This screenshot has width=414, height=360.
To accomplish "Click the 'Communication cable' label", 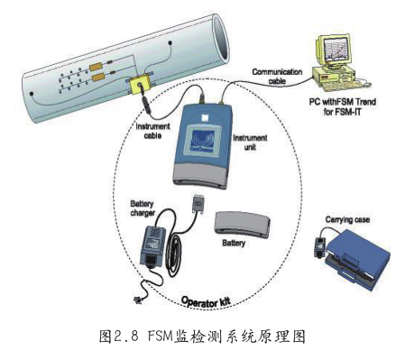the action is click(277, 77).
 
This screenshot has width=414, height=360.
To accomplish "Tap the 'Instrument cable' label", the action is click(152, 131).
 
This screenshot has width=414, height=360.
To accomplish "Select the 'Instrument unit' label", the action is click(250, 143).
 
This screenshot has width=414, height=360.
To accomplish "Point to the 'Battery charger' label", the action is click(143, 208).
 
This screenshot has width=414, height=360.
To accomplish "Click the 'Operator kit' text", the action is click(206, 301).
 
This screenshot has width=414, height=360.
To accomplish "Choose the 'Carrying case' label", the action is click(347, 220).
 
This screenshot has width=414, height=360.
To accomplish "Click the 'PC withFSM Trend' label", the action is click(343, 102).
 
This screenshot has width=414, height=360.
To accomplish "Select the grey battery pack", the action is click(242, 224).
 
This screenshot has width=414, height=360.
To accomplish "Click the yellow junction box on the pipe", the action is click(141, 84).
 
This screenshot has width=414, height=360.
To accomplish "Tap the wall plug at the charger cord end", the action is click(139, 300).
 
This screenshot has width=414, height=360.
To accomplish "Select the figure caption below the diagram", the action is click(202, 337).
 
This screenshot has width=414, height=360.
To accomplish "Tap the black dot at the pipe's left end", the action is click(32, 94).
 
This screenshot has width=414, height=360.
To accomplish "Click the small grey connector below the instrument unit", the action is click(198, 204).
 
